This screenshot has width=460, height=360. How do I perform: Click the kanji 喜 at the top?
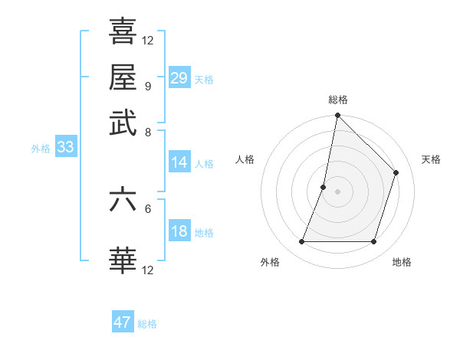pyautogui.click(x=123, y=32)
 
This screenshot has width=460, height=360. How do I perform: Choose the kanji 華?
pyautogui.click(x=123, y=260)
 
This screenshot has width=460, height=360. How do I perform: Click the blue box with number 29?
pyautogui.click(x=179, y=78)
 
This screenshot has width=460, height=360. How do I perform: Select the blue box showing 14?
pyautogui.click(x=179, y=162)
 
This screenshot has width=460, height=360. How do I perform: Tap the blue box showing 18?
pyautogui.click(x=179, y=232)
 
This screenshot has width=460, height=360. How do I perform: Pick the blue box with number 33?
pyautogui.click(x=65, y=148)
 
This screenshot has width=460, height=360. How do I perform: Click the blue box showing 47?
pyautogui.click(x=123, y=322)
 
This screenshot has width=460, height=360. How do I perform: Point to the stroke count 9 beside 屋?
pyautogui.click(x=147, y=86)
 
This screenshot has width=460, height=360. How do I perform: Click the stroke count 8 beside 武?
pyautogui.click(x=147, y=132)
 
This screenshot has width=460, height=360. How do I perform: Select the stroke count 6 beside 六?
pyautogui.click(x=147, y=208)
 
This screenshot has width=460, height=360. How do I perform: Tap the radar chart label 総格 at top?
pyautogui.click(x=338, y=100)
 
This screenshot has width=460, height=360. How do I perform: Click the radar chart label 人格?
pyautogui.click(x=245, y=159)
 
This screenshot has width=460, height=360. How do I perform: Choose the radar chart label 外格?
pyautogui.click(x=270, y=262)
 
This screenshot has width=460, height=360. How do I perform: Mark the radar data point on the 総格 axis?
pyautogui.click(x=337, y=116)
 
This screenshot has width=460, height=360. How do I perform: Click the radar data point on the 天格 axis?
pyautogui.click(x=396, y=172)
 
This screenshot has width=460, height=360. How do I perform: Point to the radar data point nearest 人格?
pyautogui.click(x=324, y=187)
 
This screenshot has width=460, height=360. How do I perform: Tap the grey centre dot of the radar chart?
pyautogui.click(x=337, y=191)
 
